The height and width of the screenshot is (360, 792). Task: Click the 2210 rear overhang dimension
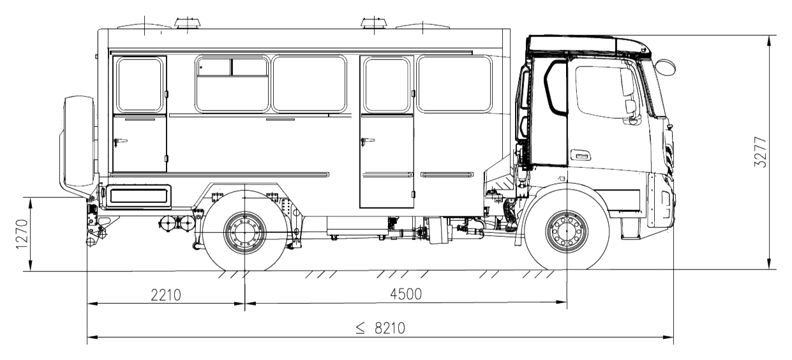tap(166, 295)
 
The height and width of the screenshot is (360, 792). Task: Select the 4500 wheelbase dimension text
tap(406, 294)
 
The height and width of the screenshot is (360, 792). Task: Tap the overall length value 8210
tap(390, 329)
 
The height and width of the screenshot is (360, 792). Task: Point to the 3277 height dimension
tap(760, 152)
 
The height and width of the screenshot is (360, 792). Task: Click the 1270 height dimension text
tap(22, 234)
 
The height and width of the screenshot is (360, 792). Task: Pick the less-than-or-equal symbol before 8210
tap(361, 329)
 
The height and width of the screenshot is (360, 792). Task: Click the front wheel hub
tap(567, 231)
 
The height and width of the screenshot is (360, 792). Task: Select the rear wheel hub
tap(244, 233)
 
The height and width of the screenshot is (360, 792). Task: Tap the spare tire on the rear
tap(78, 141)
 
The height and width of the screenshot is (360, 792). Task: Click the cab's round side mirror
tap(665, 67)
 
